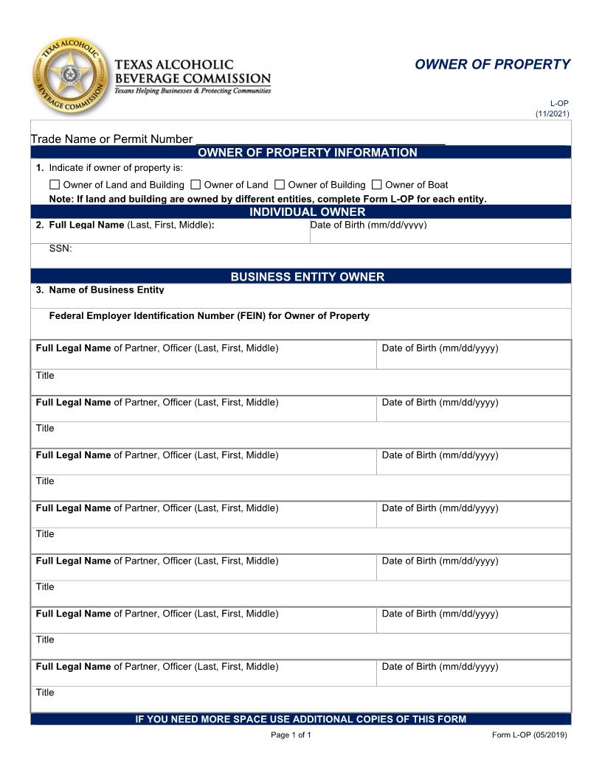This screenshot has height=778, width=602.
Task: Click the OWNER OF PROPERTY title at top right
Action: [x=492, y=64]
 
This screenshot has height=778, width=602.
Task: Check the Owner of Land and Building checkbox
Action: [x=55, y=185]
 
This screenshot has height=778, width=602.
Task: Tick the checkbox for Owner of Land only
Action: [x=196, y=185]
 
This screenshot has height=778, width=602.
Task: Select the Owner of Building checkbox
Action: [x=280, y=185]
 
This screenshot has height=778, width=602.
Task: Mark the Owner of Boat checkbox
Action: [x=377, y=185]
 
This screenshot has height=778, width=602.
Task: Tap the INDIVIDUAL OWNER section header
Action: [x=307, y=212]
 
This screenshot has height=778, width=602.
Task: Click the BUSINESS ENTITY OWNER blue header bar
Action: [x=307, y=277]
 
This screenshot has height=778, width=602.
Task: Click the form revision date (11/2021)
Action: [x=553, y=113]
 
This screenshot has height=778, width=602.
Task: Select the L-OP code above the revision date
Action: [x=559, y=104]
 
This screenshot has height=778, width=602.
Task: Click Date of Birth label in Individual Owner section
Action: [x=368, y=225]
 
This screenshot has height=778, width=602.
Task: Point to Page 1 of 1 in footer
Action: [x=291, y=735]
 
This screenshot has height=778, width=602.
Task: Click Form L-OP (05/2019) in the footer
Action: [x=529, y=735]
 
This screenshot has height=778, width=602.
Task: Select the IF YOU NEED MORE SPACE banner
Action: [x=300, y=719]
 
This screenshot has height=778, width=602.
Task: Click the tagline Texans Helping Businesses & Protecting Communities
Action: [x=193, y=91]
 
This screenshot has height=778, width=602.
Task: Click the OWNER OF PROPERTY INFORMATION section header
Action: [x=307, y=153]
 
